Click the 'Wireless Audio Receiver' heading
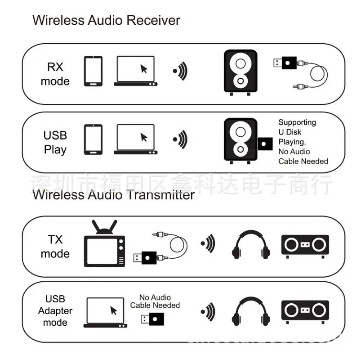[106, 20]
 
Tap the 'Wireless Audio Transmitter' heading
[114, 194]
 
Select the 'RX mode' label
[55, 74]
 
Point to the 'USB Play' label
[55, 142]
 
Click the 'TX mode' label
[55, 246]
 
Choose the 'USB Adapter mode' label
[55, 310]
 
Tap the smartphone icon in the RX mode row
[93, 71]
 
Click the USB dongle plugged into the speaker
[261, 144]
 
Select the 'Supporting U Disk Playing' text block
[303, 142]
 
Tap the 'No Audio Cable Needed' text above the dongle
[155, 301]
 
